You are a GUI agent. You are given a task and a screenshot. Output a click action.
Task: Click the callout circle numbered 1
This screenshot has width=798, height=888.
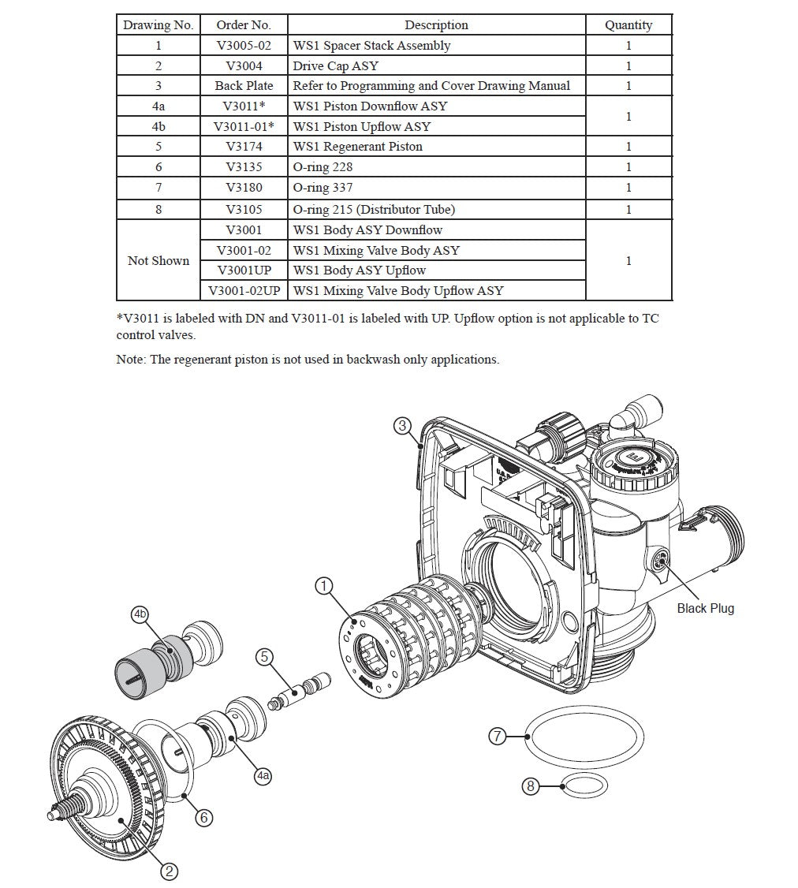click(324, 586)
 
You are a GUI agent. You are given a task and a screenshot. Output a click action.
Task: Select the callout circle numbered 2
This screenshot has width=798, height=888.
click(169, 871)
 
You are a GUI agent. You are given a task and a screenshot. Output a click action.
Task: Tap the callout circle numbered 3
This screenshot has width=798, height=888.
click(402, 426)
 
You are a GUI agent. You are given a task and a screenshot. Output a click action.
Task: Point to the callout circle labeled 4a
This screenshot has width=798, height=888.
click(263, 776)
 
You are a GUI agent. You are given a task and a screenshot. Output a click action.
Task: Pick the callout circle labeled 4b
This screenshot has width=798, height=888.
click(140, 614)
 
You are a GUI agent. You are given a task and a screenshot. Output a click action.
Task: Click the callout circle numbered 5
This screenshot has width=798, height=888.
click(264, 656)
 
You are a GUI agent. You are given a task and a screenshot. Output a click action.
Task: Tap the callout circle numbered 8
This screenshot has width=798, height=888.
click(531, 786)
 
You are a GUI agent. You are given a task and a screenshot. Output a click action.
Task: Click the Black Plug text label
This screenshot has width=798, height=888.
click(705, 608)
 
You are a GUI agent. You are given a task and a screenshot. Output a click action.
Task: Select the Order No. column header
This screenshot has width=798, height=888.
click(244, 25)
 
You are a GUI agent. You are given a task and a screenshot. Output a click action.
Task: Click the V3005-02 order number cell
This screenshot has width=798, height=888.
click(244, 46)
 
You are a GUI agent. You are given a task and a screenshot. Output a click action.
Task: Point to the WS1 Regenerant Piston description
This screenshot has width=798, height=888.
click(357, 147)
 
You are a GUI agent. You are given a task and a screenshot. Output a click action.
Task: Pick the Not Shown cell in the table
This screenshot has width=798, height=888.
click(158, 260)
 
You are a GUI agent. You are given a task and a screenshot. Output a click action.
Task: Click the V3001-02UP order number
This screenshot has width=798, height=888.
click(244, 291)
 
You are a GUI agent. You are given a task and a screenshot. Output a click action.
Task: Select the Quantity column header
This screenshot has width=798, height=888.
click(628, 25)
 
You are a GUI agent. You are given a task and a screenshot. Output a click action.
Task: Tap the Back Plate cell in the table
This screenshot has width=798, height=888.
click(244, 86)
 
